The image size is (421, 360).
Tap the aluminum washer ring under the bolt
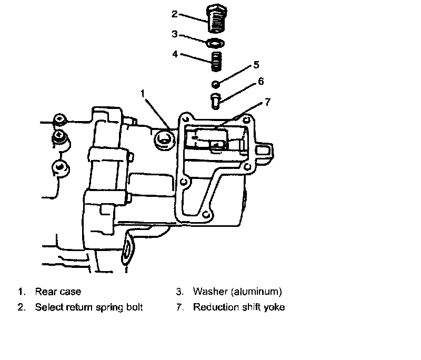[216, 42]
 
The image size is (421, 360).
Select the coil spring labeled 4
[216, 61]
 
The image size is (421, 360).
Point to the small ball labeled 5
[216, 84]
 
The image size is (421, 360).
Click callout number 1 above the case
[142, 93]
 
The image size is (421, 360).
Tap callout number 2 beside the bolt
[174, 14]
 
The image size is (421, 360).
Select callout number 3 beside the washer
[174, 34]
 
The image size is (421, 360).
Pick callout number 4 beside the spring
[174, 53]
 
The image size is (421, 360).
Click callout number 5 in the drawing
[256, 65]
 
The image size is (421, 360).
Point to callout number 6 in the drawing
[260, 82]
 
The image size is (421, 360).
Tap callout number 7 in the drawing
[267, 102]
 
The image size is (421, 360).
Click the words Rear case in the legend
[58, 291]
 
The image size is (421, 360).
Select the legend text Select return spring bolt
[89, 307]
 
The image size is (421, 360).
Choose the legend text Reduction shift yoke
[238, 307]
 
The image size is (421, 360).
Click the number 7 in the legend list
[179, 307]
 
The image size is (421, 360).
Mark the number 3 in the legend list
[179, 291]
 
